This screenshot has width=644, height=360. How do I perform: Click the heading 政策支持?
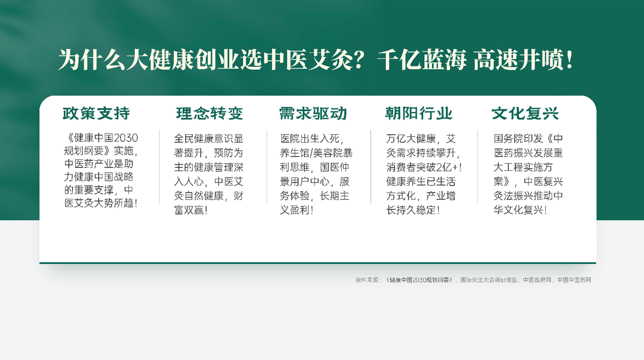click(x=96, y=114)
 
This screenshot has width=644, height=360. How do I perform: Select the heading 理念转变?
click(x=209, y=114)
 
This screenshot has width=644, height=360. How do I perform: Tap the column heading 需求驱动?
click(x=313, y=114)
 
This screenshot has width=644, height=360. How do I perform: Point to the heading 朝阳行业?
click(x=419, y=114)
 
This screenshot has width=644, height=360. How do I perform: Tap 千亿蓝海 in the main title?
click(x=421, y=60)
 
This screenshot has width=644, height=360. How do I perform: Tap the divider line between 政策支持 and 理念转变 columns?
click(x=159, y=166)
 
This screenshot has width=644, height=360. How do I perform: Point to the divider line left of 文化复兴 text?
click(x=478, y=166)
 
